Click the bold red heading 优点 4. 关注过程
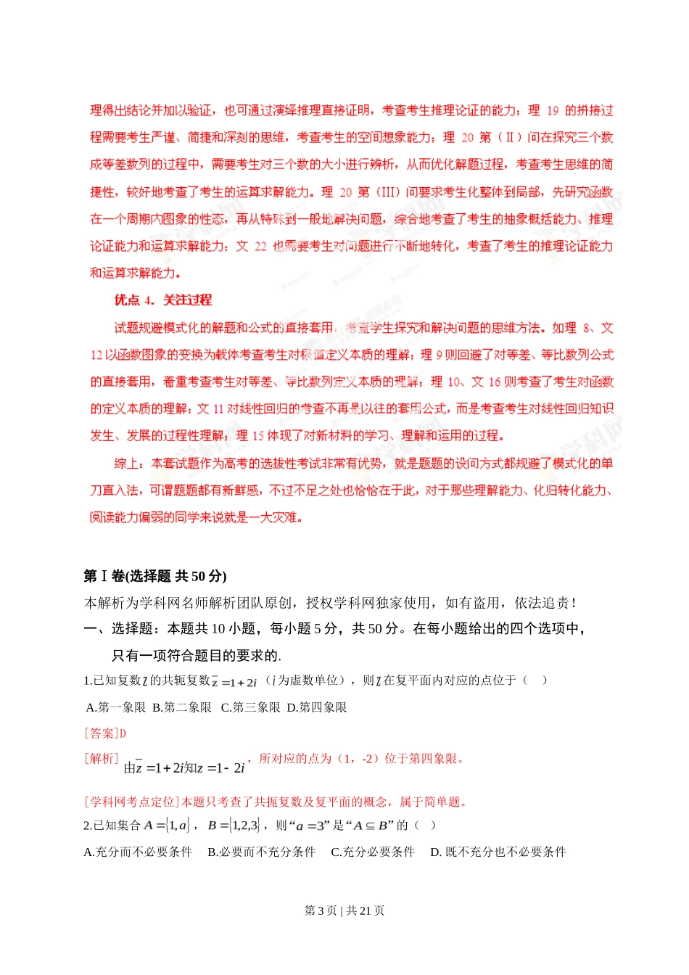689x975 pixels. click(163, 300)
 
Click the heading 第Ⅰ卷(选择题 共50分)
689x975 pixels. click(155, 576)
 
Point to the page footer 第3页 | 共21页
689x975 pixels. click(344, 910)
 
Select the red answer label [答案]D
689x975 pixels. click(105, 733)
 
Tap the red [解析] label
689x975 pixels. click(101, 758)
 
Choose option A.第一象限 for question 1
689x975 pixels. click(116, 707)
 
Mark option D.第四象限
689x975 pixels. click(317, 707)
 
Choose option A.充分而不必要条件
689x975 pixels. click(138, 852)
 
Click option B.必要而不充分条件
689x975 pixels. click(261, 852)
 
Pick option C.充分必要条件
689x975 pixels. click(373, 852)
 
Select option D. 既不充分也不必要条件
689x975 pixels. click(498, 852)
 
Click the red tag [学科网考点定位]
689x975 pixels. click(132, 802)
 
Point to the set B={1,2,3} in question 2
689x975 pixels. click(234, 825)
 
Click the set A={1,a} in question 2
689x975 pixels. click(167, 825)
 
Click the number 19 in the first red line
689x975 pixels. click(553, 111)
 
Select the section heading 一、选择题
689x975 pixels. click(120, 628)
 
